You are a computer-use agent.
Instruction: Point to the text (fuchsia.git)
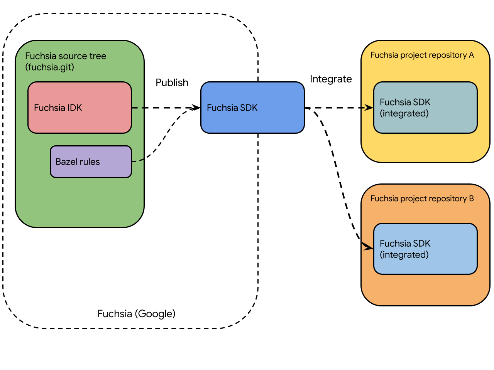click(x=49, y=67)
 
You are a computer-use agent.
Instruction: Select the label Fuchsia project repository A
click(x=422, y=55)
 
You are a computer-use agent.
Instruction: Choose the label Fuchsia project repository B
click(x=422, y=199)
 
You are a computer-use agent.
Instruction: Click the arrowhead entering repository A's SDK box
click(x=369, y=108)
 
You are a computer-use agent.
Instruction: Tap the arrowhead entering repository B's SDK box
click(x=368, y=247)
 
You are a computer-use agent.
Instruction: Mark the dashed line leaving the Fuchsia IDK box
click(x=138, y=108)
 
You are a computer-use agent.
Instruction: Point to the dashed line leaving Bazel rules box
click(x=138, y=161)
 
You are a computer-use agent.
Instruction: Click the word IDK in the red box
click(x=74, y=108)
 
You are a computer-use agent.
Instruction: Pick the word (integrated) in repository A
click(x=404, y=114)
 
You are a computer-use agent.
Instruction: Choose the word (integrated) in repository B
click(x=404, y=255)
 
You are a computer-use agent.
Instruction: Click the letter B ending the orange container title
click(x=471, y=199)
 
